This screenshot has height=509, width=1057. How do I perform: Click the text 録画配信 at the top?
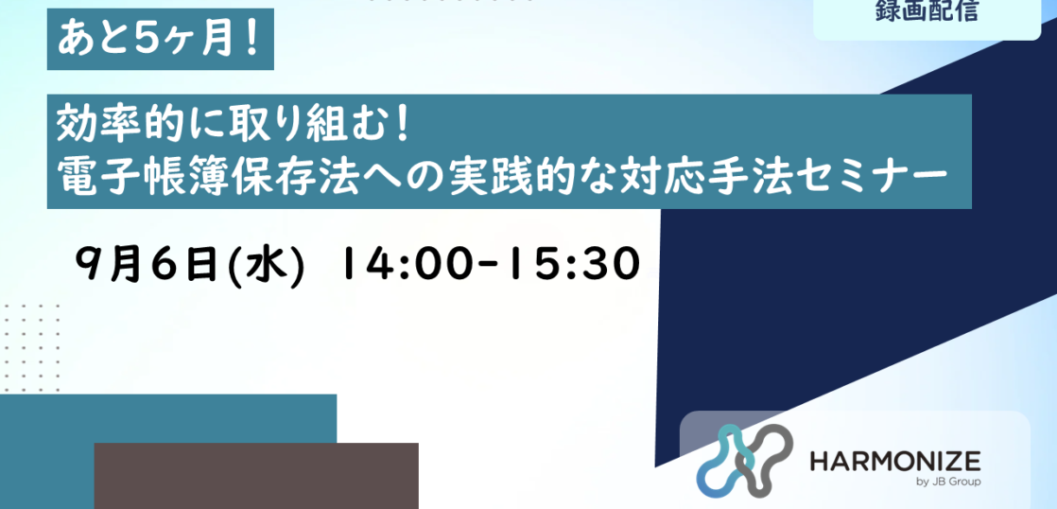[927, 10]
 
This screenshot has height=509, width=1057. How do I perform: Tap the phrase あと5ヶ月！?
[159, 40]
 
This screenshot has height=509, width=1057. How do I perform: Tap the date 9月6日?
[147, 264]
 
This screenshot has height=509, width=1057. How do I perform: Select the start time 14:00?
[412, 264]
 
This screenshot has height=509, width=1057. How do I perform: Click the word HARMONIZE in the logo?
[895, 463]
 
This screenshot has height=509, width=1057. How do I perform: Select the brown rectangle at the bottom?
[256, 476]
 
